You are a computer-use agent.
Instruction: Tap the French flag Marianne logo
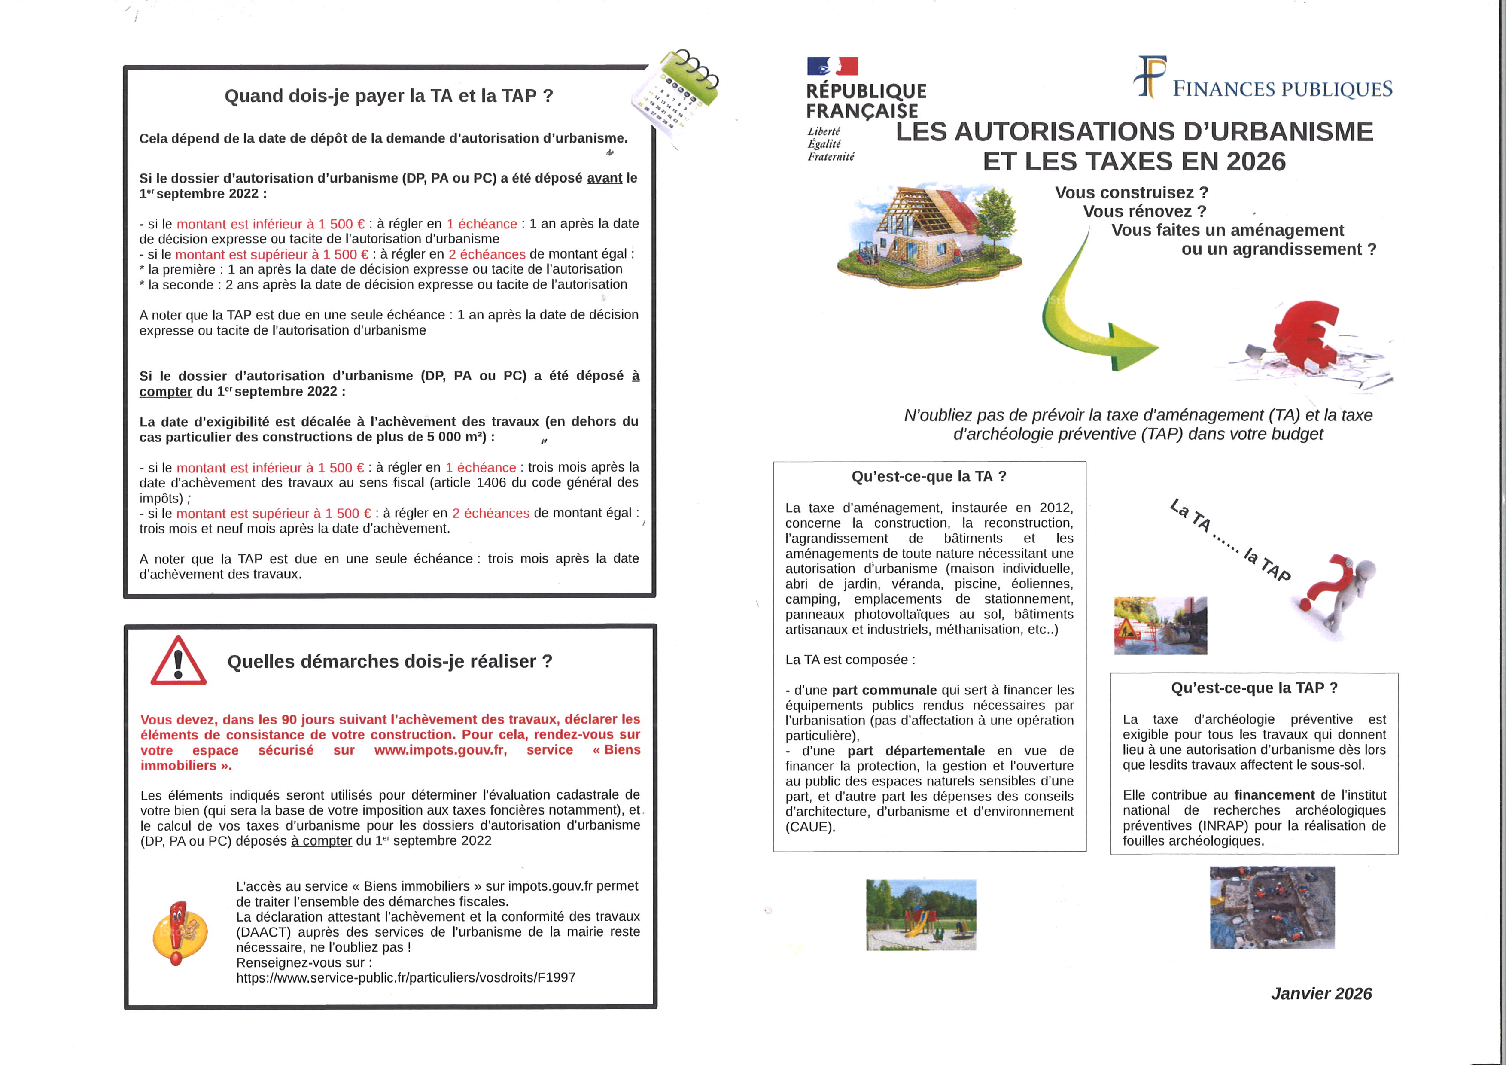pos(832,66)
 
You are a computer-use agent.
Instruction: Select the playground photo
pos(921,914)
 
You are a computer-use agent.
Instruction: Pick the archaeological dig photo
pos(1272,907)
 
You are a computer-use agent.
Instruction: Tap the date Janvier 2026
pos(1321,994)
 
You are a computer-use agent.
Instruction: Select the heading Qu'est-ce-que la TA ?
pos(929,477)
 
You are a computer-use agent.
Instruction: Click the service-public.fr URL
pos(405,978)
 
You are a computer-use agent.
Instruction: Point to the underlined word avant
pos(604,178)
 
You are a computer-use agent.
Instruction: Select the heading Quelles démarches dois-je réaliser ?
pos(389,662)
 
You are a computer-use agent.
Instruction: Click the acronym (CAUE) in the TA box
pos(810,827)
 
